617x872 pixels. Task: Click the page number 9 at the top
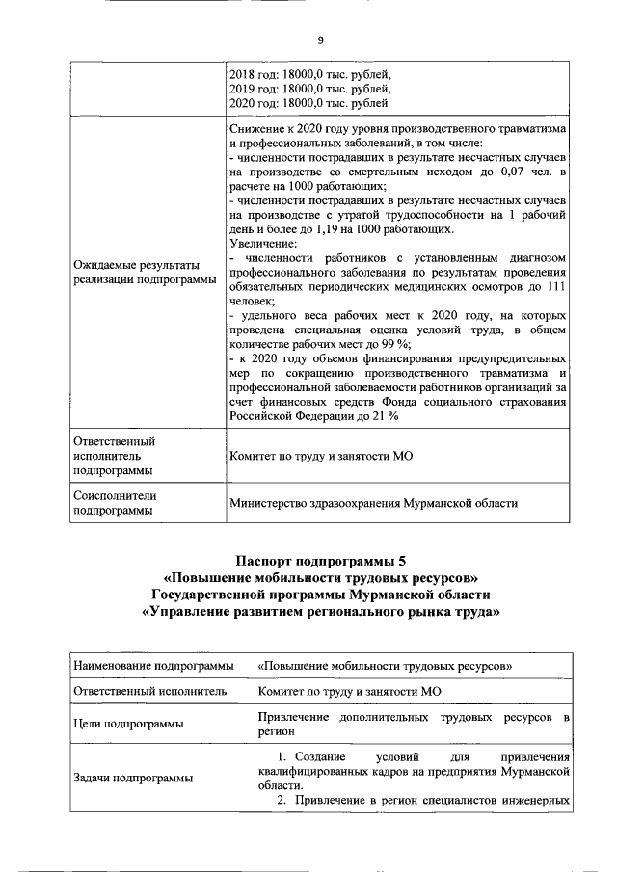(320, 40)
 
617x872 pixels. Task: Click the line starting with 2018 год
(309, 72)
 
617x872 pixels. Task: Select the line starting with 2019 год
(309, 87)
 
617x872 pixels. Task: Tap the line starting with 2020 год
(308, 101)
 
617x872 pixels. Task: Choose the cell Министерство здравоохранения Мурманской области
(373, 502)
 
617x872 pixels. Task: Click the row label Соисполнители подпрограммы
(115, 503)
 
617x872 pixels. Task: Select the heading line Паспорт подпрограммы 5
(320, 561)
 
